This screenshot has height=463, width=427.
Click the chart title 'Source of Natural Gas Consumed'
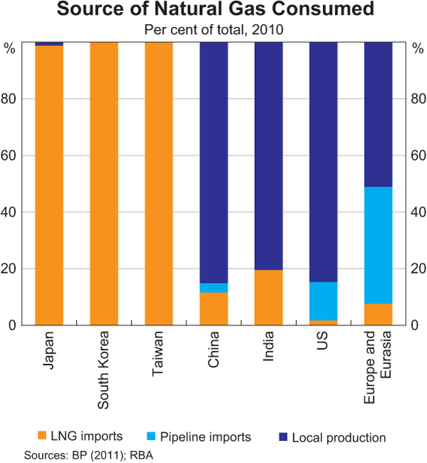point(213,11)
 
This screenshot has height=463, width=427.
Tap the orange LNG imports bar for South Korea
point(104,183)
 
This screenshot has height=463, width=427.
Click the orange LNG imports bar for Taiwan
point(159,183)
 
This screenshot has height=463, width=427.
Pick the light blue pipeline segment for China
point(213,288)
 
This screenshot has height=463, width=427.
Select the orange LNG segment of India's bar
point(268,297)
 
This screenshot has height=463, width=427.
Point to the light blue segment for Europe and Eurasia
point(378,245)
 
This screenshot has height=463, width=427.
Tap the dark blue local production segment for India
point(268,155)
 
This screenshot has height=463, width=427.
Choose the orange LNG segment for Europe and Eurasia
point(378,314)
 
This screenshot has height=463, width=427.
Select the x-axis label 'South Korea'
point(104,370)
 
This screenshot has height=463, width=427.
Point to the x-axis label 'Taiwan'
point(159,352)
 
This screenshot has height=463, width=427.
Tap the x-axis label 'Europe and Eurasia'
point(378,368)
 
